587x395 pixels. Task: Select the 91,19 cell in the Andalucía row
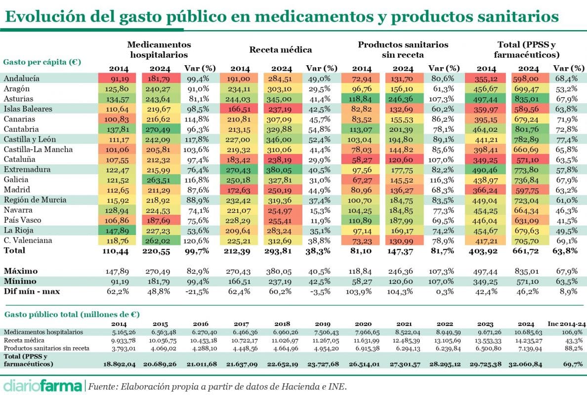click(116, 78)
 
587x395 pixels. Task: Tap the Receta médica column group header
click(280, 50)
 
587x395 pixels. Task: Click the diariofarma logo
click(42, 385)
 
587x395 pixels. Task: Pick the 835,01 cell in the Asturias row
click(530, 98)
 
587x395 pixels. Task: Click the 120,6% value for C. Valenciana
click(197, 240)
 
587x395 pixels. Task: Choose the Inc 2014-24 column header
click(568, 323)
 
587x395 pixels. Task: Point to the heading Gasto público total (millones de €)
click(72, 314)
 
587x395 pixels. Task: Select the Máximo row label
click(21, 271)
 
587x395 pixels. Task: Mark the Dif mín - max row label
click(32, 291)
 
